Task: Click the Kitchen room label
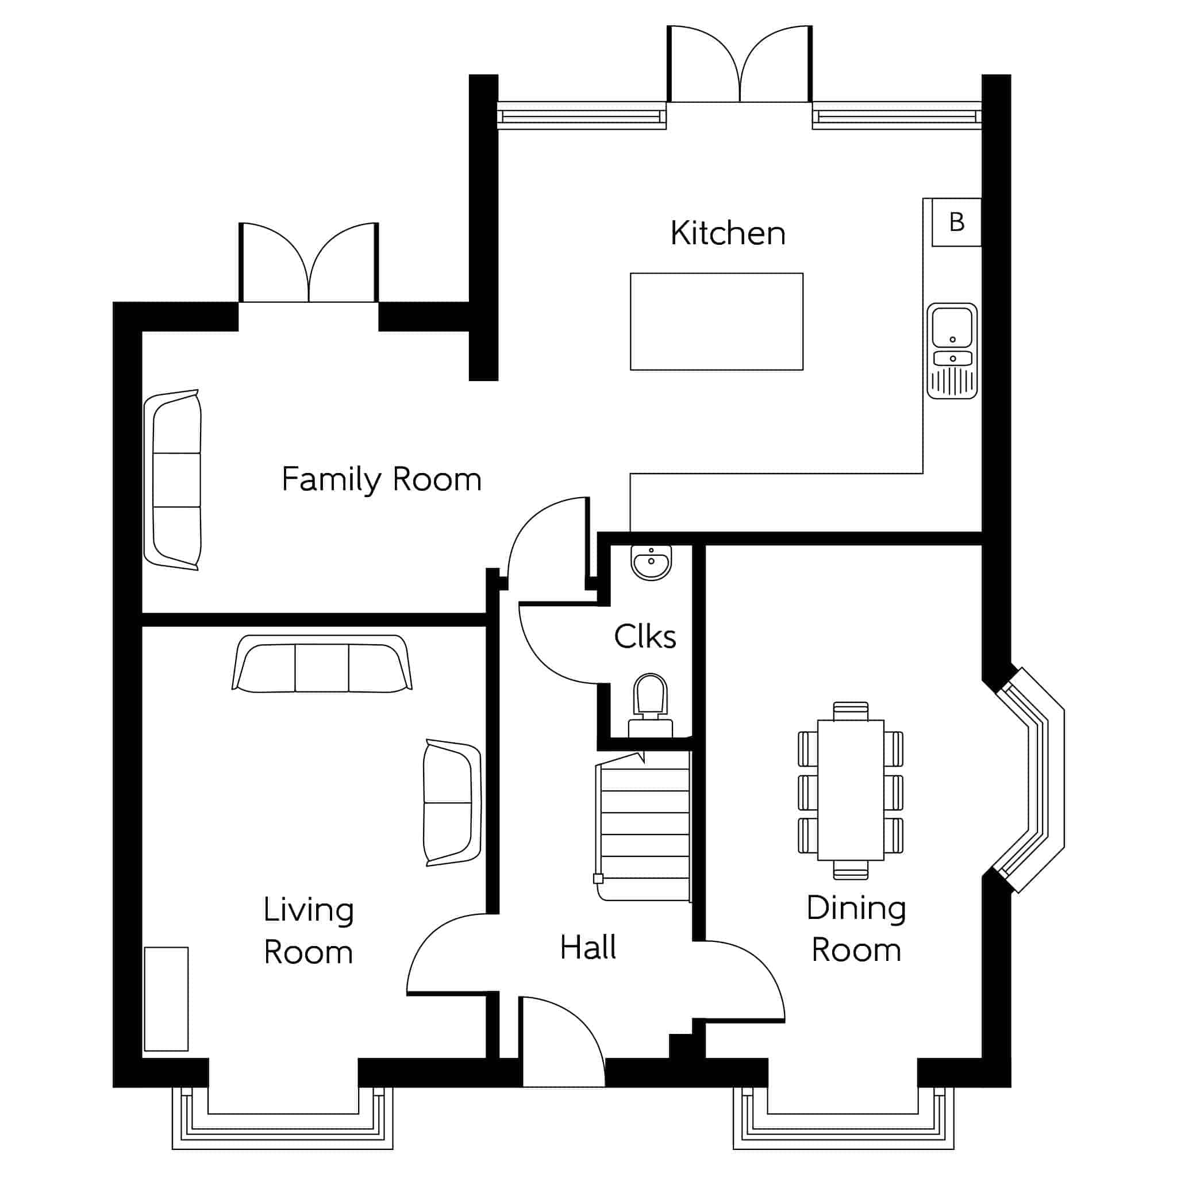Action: point(728,233)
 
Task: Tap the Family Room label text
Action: point(382,480)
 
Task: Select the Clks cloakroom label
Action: point(645,637)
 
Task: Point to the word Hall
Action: point(588,947)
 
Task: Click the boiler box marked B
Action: point(956,222)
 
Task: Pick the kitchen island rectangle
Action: point(717,322)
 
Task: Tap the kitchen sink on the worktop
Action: point(952,351)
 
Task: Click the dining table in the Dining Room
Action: point(851,790)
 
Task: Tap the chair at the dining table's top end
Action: point(851,711)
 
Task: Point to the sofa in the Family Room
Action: point(173,480)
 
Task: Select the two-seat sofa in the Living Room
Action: point(453,803)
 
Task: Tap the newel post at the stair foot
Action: point(598,879)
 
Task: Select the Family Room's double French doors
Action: point(309,263)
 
